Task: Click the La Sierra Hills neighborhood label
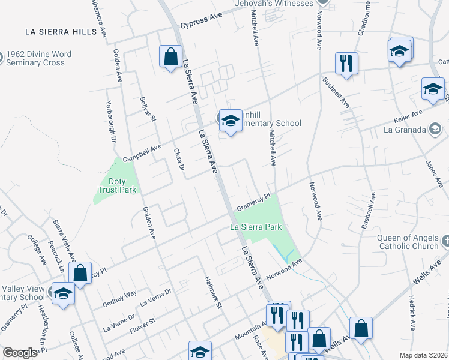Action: (x=61, y=31)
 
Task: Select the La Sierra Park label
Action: (x=256, y=227)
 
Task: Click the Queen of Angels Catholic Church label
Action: (x=408, y=242)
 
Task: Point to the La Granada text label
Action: (x=405, y=129)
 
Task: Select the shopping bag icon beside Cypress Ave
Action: (x=171, y=56)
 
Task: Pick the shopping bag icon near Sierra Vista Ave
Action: (x=80, y=273)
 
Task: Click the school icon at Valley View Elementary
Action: (x=62, y=294)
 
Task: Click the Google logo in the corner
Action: (x=20, y=353)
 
